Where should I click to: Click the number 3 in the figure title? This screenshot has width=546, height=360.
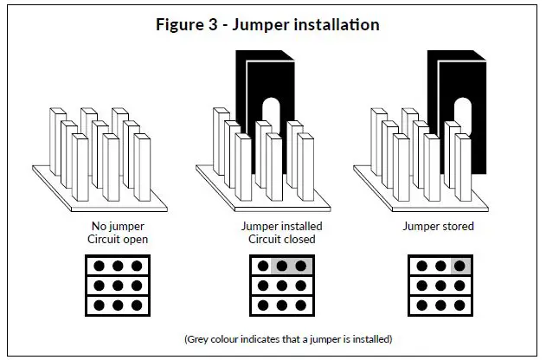213,25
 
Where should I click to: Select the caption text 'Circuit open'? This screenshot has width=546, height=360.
118,240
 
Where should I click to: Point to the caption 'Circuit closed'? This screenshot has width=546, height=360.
282,240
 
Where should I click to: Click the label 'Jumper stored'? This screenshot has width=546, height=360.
439,227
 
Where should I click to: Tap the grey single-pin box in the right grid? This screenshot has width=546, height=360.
460,266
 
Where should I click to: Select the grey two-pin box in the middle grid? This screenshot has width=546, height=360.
291,266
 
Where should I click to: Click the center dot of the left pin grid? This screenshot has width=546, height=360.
118,286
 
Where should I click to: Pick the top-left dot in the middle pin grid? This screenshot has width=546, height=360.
263,267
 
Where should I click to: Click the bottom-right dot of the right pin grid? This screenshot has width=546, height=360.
459,305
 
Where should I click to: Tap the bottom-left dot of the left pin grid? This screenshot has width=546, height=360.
99,305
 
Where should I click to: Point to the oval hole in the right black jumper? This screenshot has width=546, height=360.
463,115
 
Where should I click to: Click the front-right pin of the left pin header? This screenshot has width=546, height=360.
142,167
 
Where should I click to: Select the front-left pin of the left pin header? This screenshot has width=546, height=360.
80,167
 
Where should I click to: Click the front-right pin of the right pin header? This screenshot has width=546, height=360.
463,167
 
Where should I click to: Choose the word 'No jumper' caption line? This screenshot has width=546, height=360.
118,227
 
